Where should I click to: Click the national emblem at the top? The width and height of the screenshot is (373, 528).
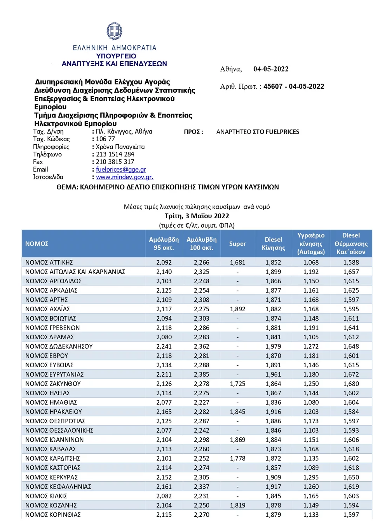[114, 31]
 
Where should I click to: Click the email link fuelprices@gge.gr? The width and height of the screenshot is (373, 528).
[121, 170]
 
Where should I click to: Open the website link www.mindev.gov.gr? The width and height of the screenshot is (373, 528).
[124, 177]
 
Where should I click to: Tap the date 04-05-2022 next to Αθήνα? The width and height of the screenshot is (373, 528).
[271, 69]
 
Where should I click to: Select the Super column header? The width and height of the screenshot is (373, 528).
[237, 244]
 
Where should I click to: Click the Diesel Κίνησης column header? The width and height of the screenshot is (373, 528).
[273, 244]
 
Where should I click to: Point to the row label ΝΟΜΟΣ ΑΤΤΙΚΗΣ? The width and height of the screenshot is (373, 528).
[49, 263]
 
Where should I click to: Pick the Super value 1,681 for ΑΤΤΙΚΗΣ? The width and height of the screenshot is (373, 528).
[237, 263]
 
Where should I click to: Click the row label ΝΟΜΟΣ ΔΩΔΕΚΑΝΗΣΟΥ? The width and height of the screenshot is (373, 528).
[59, 347]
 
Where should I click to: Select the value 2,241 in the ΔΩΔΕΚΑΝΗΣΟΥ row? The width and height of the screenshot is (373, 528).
[164, 347]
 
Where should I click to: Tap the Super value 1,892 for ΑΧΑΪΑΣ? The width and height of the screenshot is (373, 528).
[237, 309]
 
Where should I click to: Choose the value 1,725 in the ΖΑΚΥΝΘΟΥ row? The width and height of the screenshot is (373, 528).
[237, 384]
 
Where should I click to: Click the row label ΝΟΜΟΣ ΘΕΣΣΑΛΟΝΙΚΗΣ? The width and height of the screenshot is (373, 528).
[59, 431]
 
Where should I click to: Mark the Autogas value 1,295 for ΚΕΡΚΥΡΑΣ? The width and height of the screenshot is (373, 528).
[311, 477]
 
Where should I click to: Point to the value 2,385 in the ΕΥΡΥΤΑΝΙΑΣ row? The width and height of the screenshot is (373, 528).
[202, 375]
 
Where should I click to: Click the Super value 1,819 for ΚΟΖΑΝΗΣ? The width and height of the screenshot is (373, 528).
[237, 505]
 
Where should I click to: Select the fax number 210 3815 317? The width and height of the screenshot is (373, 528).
[115, 162]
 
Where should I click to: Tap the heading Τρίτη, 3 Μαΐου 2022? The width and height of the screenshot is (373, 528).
[197, 216]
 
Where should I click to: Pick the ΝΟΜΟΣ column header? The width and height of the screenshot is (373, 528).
[37, 244]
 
